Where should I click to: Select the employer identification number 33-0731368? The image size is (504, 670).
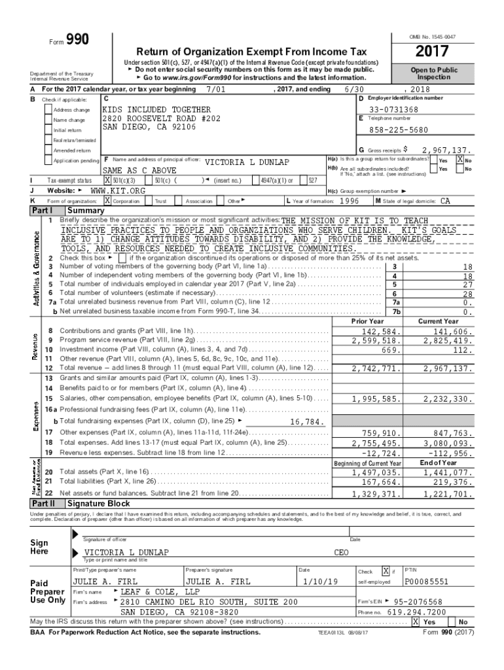[393, 109]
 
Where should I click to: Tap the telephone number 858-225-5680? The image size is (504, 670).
[393, 130]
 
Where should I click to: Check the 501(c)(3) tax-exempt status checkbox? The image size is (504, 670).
[108, 180]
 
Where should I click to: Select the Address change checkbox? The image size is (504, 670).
[48, 109]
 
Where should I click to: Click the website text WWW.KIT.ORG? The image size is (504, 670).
[117, 190]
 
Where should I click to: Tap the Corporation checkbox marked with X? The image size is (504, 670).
[108, 201]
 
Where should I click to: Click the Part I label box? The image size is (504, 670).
[46, 211]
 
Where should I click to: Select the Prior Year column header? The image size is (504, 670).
[368, 321]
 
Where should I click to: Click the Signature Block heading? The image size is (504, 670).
[98, 503]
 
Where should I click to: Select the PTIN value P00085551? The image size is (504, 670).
[427, 581]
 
